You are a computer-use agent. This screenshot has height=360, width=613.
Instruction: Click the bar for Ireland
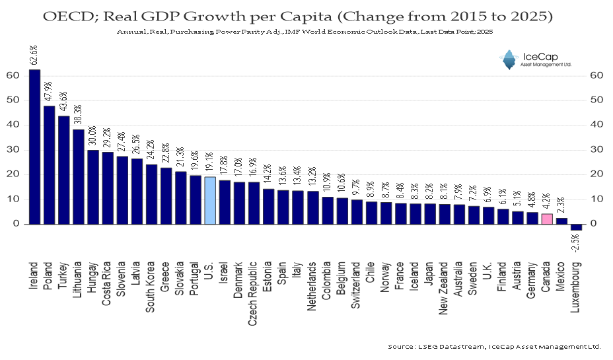[35, 146]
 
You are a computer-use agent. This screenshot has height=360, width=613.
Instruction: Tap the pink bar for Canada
[546, 219]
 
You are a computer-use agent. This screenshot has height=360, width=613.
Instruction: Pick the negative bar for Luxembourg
[576, 227]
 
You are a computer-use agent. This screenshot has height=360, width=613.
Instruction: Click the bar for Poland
[50, 164]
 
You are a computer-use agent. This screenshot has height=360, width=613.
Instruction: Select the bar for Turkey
[64, 170]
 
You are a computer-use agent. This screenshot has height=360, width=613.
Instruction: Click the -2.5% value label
[577, 244]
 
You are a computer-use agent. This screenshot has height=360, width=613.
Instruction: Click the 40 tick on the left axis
[13, 125]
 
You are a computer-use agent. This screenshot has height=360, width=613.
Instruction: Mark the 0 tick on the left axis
[15, 224]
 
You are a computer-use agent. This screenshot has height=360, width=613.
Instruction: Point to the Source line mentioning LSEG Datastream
[495, 346]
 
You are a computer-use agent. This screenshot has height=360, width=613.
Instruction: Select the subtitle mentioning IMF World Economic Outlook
[305, 31]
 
